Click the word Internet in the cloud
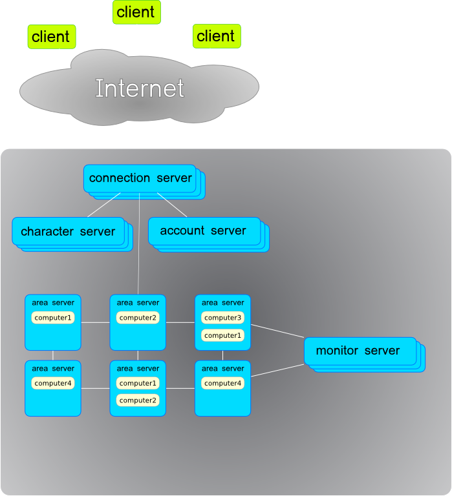[140, 88]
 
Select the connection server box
[140, 178]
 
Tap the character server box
[68, 231]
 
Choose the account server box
[204, 231]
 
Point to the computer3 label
[222, 318]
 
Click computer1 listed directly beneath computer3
[222, 336]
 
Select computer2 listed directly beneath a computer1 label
[138, 400]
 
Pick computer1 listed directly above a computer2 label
[138, 383]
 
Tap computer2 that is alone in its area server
[138, 318]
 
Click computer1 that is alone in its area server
[53, 318]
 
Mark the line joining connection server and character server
[103, 205]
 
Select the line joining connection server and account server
[172, 205]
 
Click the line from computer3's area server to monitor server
[277, 331]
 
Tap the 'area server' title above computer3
[222, 302]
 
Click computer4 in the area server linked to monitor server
[222, 384]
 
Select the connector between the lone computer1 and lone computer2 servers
[95, 322]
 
